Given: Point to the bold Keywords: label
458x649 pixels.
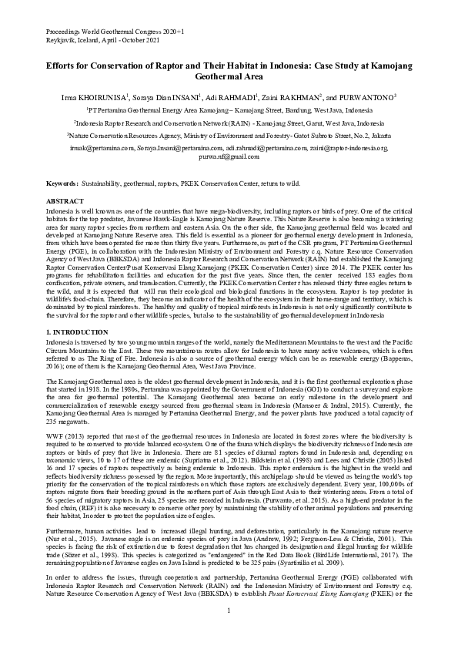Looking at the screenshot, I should [62, 184].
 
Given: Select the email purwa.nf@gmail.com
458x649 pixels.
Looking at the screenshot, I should [229, 156].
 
